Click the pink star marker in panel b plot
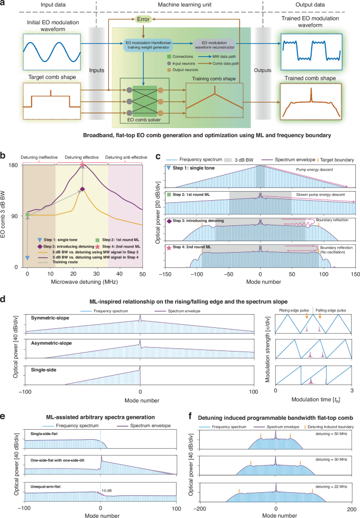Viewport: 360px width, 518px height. point(83,164)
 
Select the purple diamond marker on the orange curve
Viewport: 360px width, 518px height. point(83,189)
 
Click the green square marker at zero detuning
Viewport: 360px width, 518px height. point(27,214)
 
